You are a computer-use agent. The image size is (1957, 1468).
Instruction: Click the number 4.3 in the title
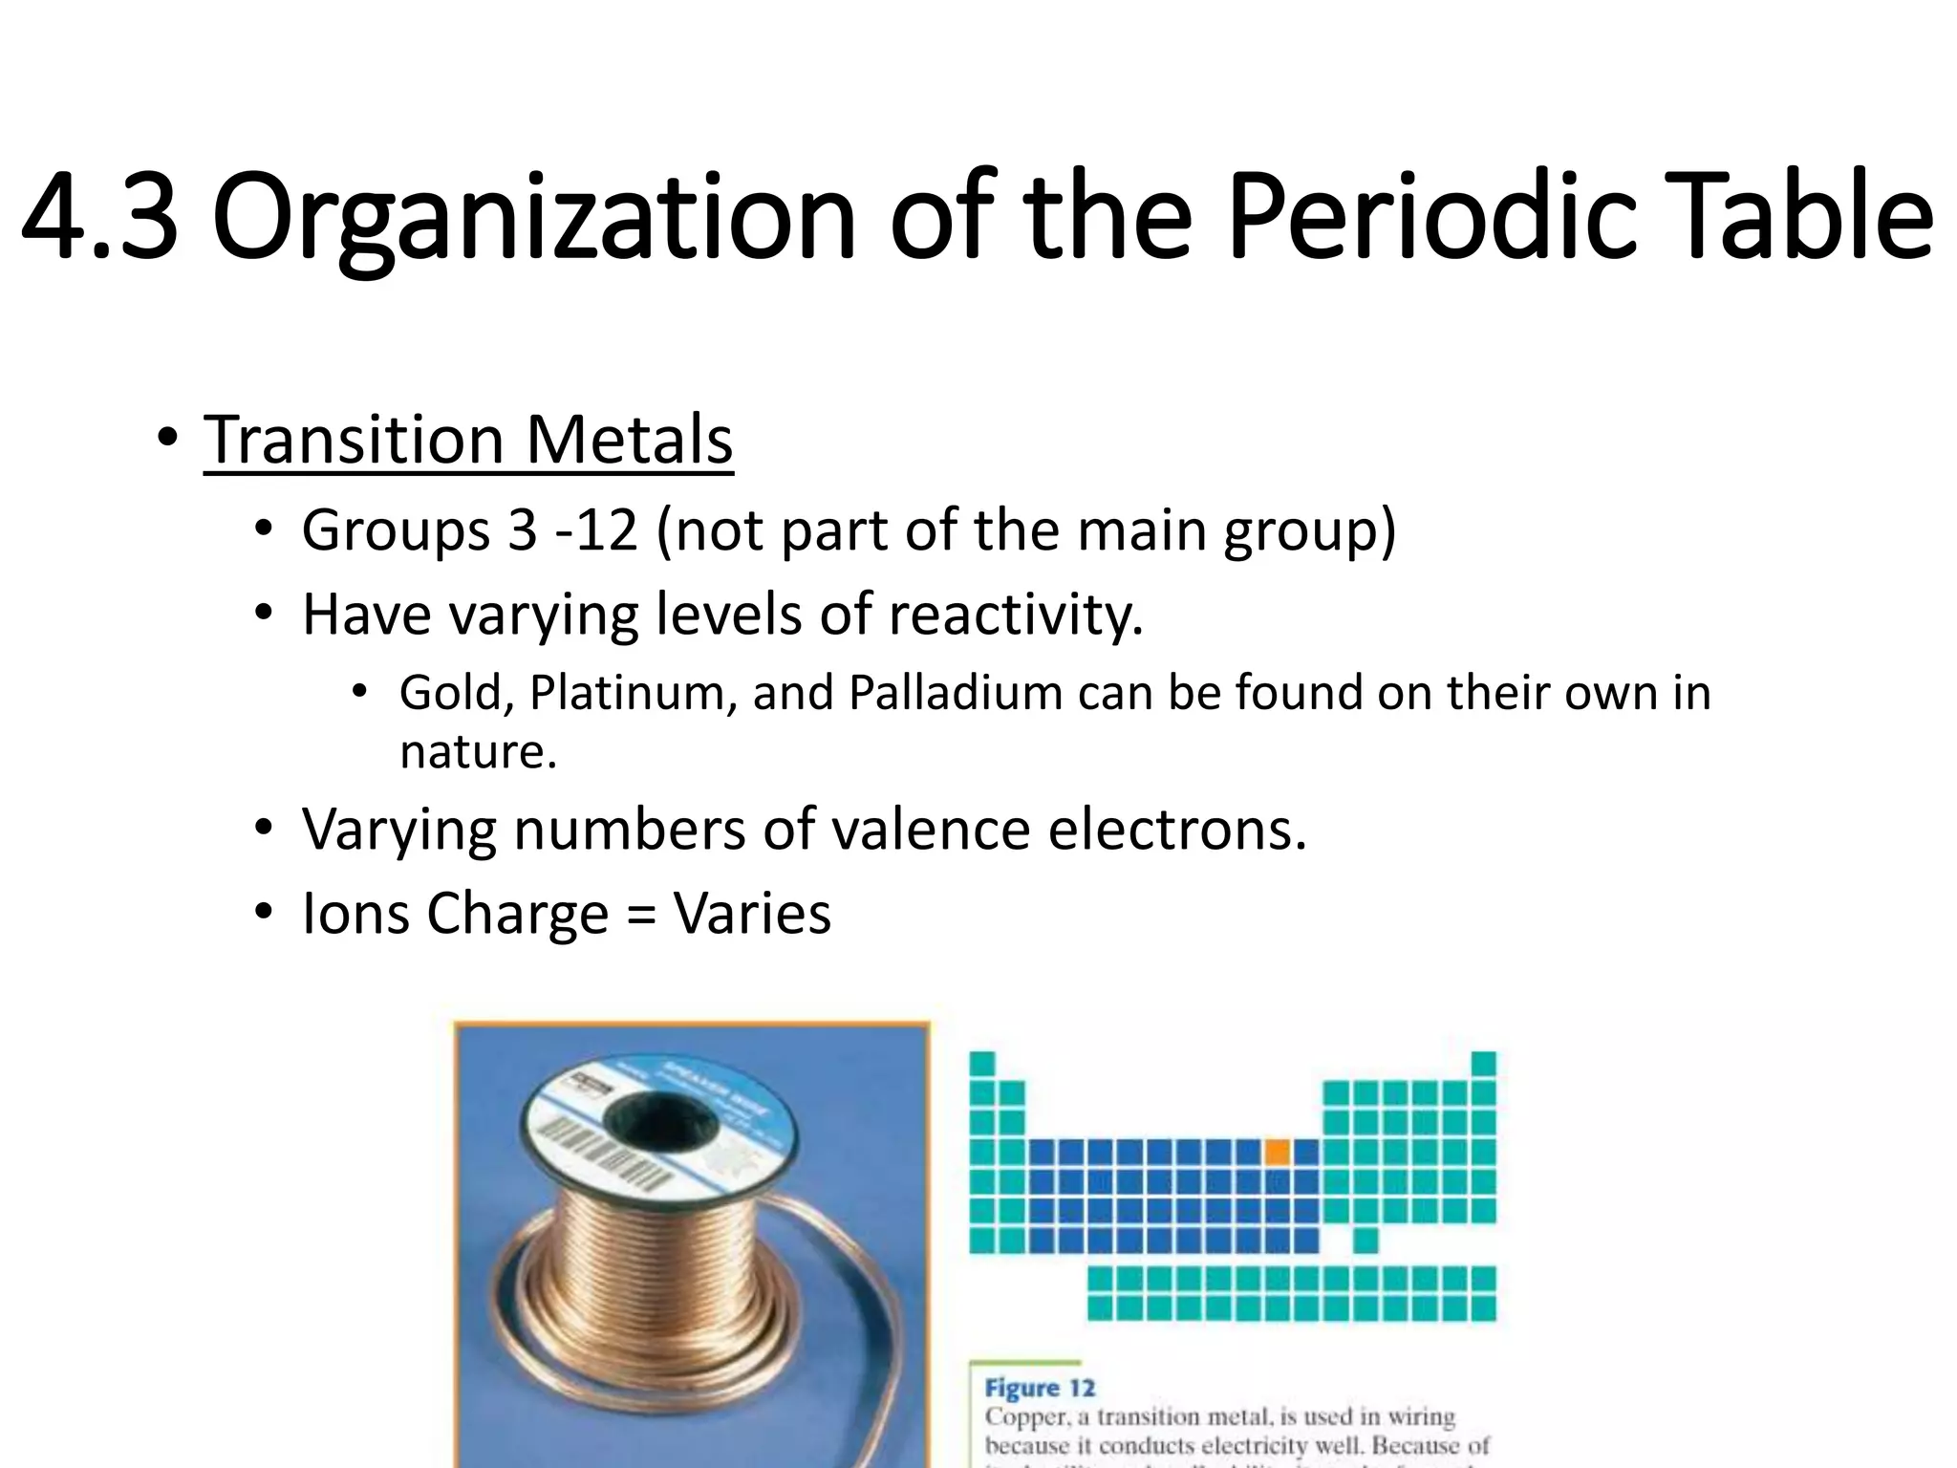(x=99, y=217)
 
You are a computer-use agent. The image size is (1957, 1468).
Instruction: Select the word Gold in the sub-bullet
(x=457, y=693)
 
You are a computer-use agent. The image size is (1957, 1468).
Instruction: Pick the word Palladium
(x=956, y=693)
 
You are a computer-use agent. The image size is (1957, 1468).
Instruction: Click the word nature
(x=477, y=752)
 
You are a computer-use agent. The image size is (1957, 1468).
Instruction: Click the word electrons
(x=1176, y=829)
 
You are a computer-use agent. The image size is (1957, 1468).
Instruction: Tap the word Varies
(x=752, y=913)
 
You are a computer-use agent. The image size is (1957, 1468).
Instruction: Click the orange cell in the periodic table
(x=1277, y=1152)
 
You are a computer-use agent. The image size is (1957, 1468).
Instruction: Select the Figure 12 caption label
(x=1040, y=1388)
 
